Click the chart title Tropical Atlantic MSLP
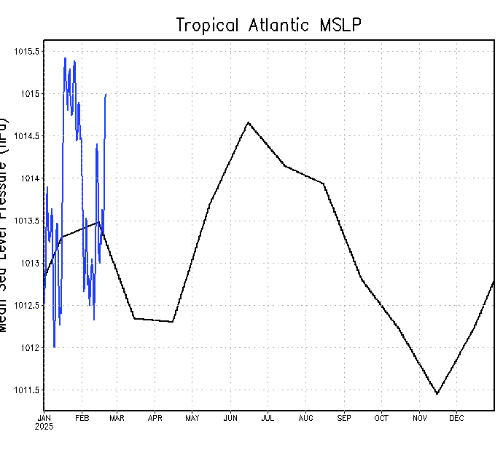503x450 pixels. click(x=269, y=25)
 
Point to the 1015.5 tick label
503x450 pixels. click(x=27, y=52)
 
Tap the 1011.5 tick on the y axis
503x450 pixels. click(x=27, y=390)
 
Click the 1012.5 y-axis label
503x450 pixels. click(x=27, y=306)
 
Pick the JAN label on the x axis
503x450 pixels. click(x=44, y=418)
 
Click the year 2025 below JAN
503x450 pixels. click(x=44, y=427)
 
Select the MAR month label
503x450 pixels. click(x=117, y=418)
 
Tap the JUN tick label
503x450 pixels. click(x=230, y=418)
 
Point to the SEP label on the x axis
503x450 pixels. click(x=344, y=418)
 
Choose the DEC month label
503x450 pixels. click(x=456, y=418)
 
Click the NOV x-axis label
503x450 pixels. click(x=420, y=418)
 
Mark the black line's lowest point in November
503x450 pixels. click(x=437, y=394)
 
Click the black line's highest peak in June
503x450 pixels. click(x=248, y=122)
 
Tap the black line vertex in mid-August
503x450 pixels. click(x=323, y=183)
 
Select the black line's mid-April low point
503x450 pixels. click(x=172, y=322)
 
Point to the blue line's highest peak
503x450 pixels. click(x=65, y=58)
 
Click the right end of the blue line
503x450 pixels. click(x=106, y=94)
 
